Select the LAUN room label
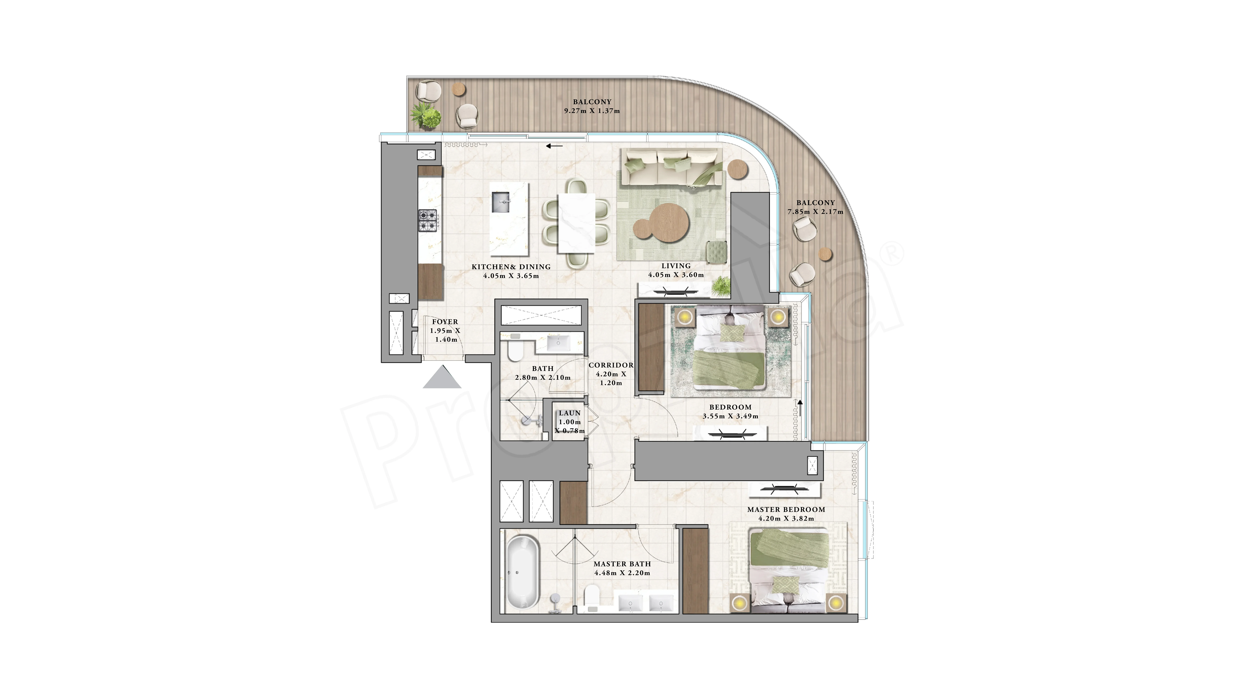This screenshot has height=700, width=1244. pyautogui.click(x=570, y=413)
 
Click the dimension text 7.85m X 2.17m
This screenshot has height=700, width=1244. pyautogui.click(x=816, y=212)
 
